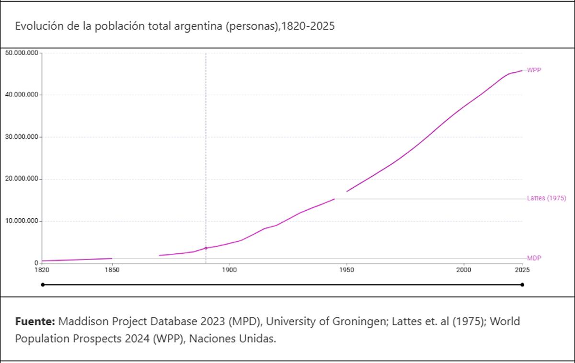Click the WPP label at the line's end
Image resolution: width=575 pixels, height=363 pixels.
tap(534, 70)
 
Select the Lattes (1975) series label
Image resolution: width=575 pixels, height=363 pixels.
tap(546, 198)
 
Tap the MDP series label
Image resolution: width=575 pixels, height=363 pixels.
tap(534, 258)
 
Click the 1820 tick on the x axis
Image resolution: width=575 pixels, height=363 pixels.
tap(42, 270)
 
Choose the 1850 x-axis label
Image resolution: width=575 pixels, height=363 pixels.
tap(112, 270)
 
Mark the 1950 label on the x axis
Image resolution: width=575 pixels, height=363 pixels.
tap(346, 270)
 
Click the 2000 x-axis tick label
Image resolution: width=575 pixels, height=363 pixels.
tap(463, 270)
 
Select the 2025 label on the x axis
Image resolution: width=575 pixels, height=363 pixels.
tap(522, 270)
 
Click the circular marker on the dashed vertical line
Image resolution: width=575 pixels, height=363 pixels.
tap(206, 248)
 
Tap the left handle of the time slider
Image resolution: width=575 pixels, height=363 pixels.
tap(43, 284)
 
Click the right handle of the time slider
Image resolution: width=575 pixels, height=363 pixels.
tap(522, 284)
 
